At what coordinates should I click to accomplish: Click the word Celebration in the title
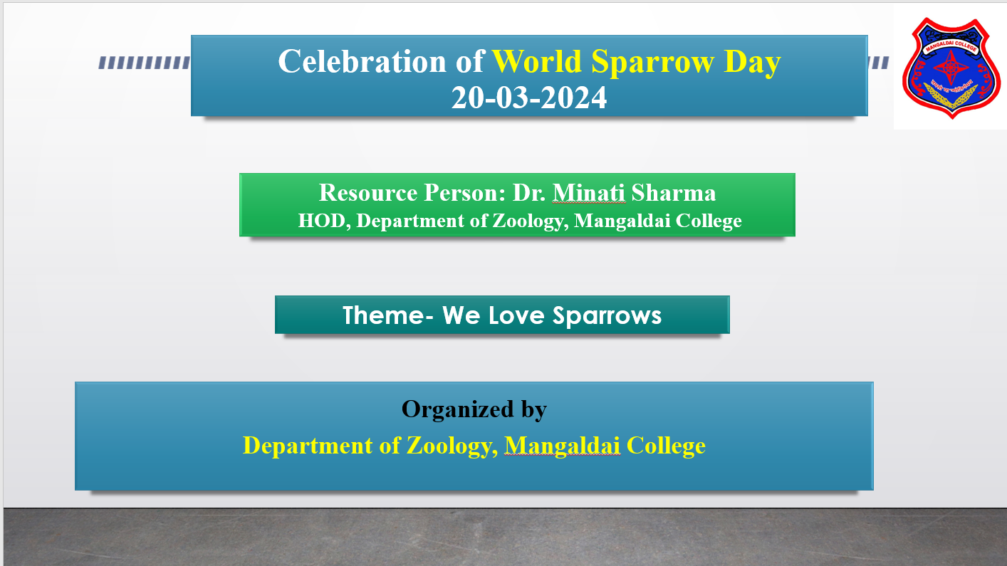362,61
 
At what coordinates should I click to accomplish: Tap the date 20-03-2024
529,98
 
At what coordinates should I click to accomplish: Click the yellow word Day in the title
752,63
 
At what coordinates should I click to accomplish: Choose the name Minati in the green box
588,193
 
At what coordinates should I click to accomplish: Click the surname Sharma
674,193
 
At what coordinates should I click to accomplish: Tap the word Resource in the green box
368,193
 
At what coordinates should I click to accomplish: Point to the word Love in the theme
516,315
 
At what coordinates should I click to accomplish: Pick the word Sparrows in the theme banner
607,316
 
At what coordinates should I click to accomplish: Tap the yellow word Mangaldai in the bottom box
563,446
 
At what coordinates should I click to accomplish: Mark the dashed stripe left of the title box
145,63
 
